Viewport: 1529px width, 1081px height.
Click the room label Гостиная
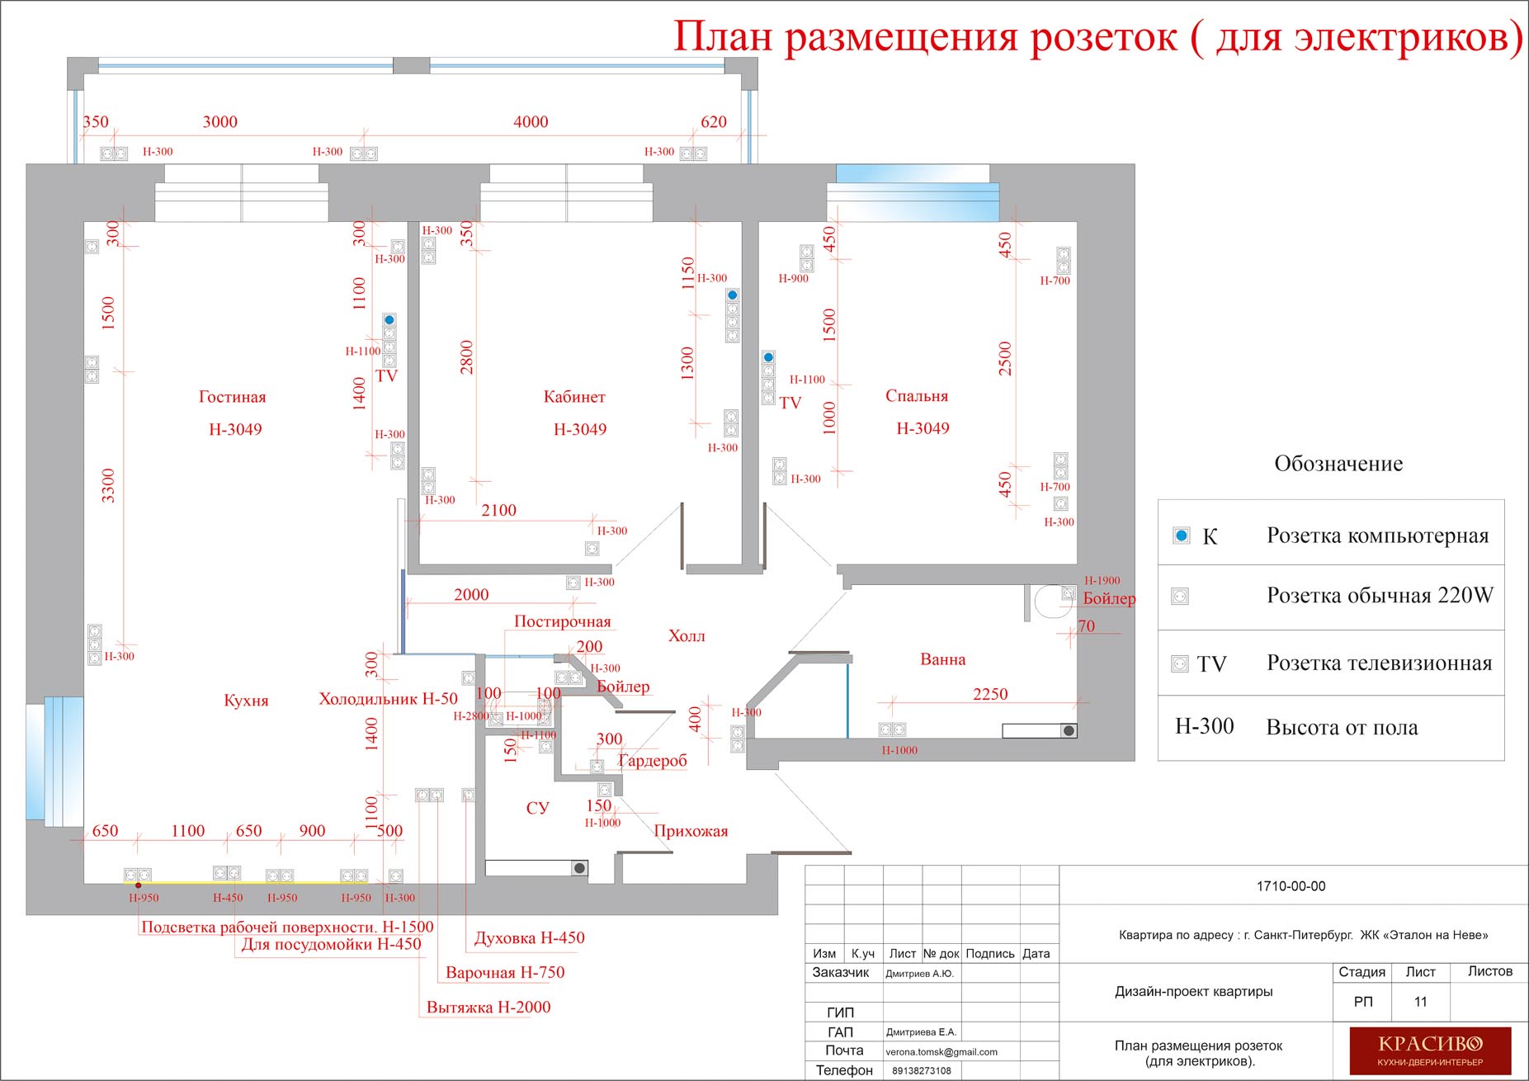(233, 397)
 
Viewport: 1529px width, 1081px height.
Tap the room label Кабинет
(574, 397)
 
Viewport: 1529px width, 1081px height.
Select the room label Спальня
(917, 396)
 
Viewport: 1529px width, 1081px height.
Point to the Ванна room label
(943, 659)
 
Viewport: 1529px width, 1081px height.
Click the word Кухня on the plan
(246, 701)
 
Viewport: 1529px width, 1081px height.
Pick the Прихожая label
(691, 831)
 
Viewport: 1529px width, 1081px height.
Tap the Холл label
(687, 635)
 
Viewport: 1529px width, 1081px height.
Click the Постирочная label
(563, 621)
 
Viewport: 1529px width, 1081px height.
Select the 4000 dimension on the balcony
(531, 122)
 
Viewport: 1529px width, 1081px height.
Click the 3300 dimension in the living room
(108, 485)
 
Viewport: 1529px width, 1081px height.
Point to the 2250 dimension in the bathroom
(990, 694)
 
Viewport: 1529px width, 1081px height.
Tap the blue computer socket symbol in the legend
(1182, 536)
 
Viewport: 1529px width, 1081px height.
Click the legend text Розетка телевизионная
(1380, 663)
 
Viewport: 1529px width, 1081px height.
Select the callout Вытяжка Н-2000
(488, 1007)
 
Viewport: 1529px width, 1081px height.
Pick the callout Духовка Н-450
(530, 937)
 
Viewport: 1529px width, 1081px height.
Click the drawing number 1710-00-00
(1291, 886)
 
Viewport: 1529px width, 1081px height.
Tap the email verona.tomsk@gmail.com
(941, 1052)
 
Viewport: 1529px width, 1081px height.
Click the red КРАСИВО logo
(1430, 1050)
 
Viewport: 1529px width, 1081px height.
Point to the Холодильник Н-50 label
(388, 699)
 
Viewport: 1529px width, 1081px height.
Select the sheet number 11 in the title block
(1420, 1002)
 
